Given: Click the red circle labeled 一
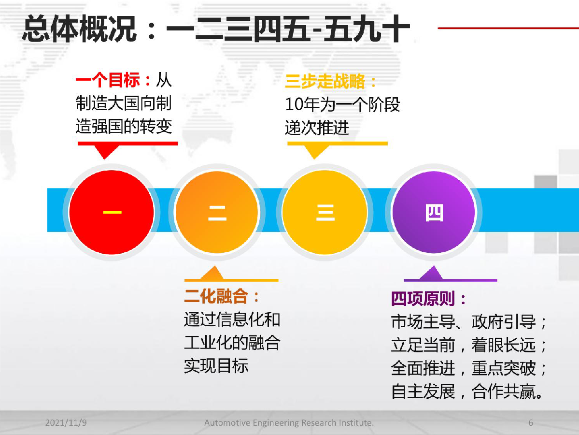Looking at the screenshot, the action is (x=112, y=212).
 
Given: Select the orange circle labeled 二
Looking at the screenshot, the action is (x=217, y=212).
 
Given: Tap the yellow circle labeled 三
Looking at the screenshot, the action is (x=325, y=212).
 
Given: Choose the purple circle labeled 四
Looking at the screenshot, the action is (x=434, y=212).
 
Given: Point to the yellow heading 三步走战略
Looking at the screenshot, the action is (x=325, y=81).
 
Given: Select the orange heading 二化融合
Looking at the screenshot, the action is (x=216, y=296).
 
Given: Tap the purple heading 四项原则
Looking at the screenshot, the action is (x=423, y=299).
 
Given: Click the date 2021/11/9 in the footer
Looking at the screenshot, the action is (x=66, y=422).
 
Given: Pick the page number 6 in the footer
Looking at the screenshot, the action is (x=531, y=422).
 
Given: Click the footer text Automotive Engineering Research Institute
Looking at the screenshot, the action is (x=289, y=423).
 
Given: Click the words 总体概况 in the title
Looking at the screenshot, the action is (x=79, y=29).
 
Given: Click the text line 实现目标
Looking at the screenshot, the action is (x=216, y=366).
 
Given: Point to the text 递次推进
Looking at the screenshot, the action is (x=317, y=128).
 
